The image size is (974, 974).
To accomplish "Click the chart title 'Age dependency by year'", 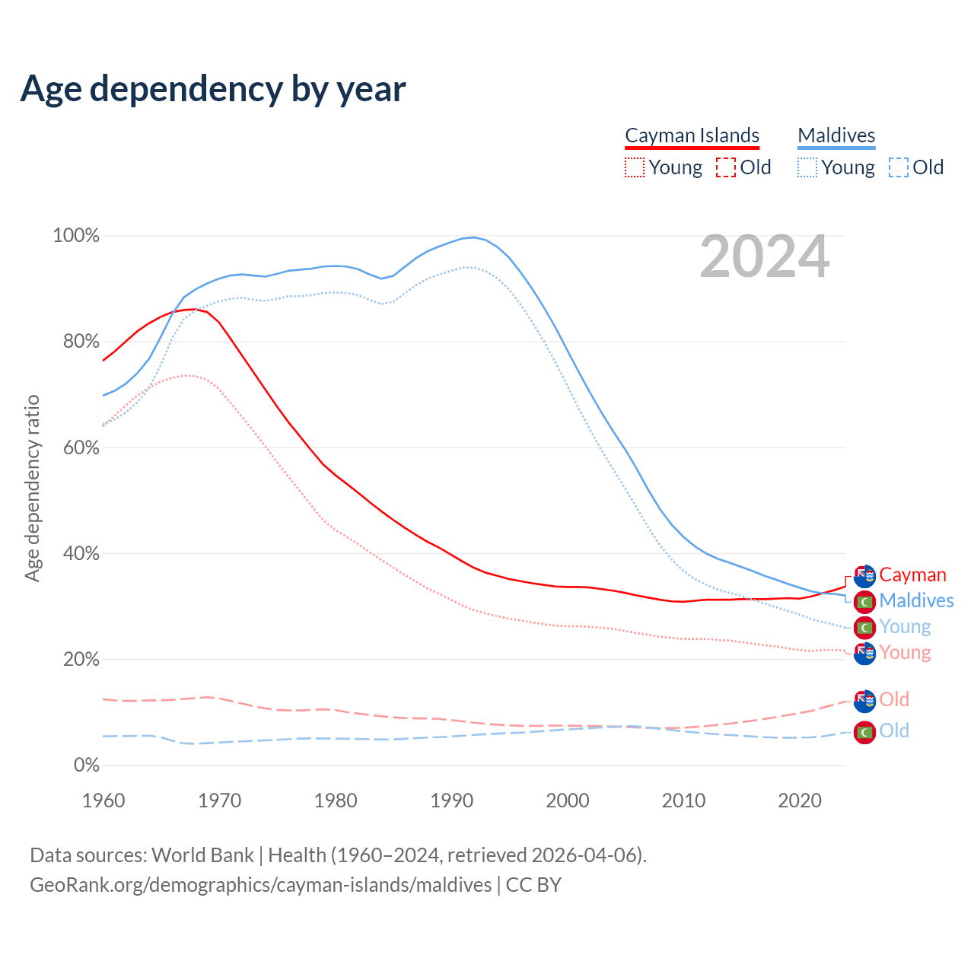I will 213,88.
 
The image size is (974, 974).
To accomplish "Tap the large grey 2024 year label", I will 764,257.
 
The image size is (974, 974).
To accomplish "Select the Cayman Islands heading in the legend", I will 692,135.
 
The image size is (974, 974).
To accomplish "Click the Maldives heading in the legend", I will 836,135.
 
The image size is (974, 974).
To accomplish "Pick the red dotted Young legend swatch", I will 634,167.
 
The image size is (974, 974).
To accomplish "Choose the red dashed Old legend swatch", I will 725,167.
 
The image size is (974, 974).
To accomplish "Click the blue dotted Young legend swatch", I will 807,167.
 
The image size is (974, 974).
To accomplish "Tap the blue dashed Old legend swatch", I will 898,167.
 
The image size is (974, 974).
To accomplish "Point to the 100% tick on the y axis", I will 76,236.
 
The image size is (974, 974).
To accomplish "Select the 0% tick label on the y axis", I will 86,766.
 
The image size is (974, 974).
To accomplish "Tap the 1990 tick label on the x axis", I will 452,801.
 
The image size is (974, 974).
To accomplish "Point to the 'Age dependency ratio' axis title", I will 32,488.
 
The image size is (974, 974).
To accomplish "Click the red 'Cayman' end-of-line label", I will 912,575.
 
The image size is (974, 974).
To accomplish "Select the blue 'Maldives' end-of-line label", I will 916,601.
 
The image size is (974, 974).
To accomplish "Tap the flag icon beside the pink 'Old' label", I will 864,701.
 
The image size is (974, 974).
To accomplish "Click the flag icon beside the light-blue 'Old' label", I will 864,732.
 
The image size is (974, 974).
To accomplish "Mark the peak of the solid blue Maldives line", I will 474,237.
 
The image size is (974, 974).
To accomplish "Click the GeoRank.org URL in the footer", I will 260,885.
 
